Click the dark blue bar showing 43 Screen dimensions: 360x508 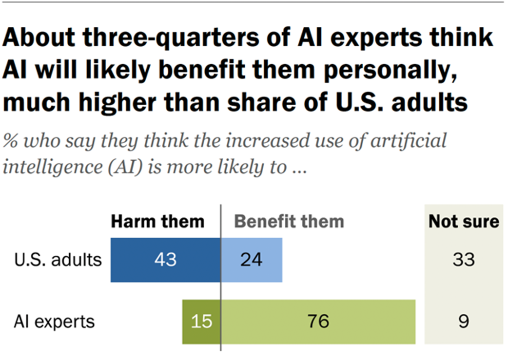click(x=146, y=260)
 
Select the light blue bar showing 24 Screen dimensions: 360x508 click(x=263, y=260)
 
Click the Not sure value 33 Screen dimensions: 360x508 click(x=463, y=260)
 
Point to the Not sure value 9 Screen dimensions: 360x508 click(x=463, y=322)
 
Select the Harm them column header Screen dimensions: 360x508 click(x=158, y=222)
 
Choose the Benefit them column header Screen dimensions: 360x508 click(x=290, y=222)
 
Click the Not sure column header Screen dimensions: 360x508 click(x=464, y=222)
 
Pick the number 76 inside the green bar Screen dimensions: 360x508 click(x=319, y=322)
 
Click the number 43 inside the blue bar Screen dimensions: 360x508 click(x=165, y=260)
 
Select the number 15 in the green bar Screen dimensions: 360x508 click(x=201, y=322)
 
